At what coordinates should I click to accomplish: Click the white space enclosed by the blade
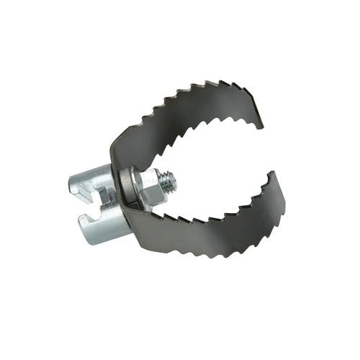tap(216, 169)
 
